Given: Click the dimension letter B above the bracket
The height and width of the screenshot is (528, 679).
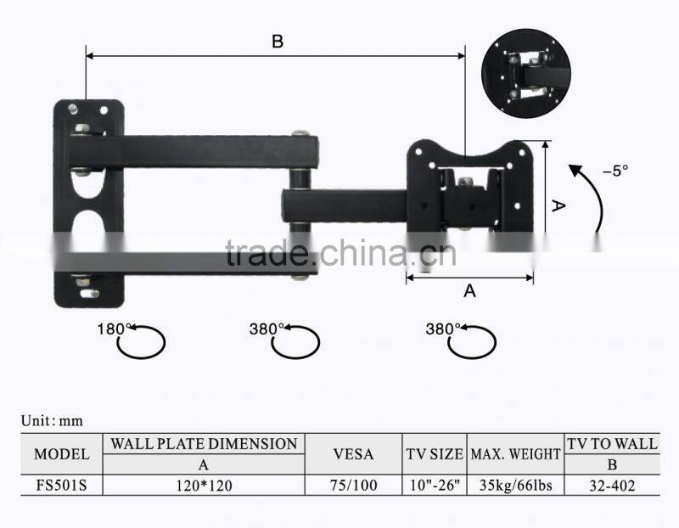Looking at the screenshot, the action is tap(278, 42).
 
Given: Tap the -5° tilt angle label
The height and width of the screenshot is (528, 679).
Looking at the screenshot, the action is tap(615, 171).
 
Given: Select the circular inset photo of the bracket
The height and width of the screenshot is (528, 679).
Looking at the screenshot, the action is tap(525, 73).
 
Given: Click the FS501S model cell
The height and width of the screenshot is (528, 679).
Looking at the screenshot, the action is tap(61, 485).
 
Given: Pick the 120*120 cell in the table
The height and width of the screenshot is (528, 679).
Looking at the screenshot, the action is tap(204, 486).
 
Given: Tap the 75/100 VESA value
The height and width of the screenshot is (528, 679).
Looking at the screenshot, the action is tap(353, 485).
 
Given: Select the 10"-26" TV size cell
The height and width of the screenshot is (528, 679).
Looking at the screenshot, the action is tap(435, 485).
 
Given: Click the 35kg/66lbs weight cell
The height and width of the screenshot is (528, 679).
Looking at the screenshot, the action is tap(516, 485).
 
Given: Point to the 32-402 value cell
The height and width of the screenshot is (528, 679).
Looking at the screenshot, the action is tap(612, 486).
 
